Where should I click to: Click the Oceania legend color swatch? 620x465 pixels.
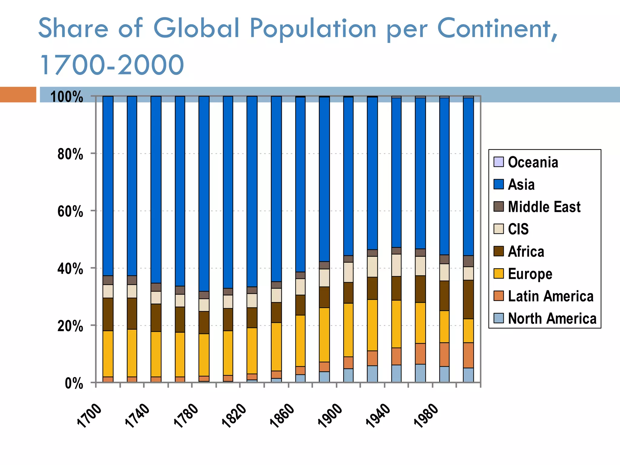point(498,162)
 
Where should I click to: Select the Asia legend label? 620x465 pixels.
point(521,184)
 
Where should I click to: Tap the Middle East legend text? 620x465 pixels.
point(544,207)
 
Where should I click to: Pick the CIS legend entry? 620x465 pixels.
point(518,229)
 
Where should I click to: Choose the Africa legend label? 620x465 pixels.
point(526,252)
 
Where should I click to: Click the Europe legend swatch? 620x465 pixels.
point(498,274)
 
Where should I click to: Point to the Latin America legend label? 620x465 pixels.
point(550,296)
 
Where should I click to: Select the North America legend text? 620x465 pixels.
point(552,318)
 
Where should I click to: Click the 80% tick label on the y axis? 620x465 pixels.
point(70,154)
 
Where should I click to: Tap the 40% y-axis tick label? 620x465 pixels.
point(70,269)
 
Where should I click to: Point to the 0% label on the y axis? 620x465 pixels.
point(74,384)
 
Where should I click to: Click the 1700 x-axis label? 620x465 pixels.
point(89,416)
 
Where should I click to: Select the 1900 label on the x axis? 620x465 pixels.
point(330,416)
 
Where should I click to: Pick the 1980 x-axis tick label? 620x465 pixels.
point(426,416)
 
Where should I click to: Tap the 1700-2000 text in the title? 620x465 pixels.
point(111,64)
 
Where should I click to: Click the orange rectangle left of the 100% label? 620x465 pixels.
point(18,94)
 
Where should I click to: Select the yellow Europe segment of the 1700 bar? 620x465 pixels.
point(108,354)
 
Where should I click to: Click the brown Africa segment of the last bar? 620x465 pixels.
point(468,299)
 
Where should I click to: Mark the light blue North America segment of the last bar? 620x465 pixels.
point(468,375)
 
